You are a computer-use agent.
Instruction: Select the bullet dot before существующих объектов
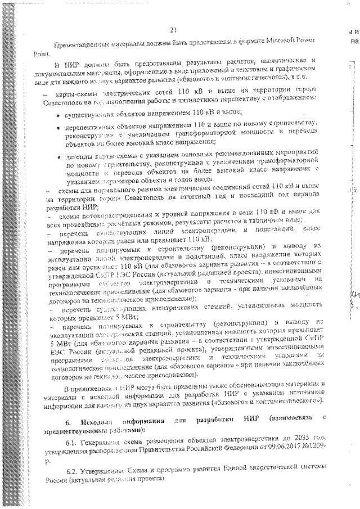(x=60, y=114)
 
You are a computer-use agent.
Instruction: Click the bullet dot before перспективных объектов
(x=60, y=127)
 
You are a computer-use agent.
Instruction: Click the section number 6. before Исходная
(x=68, y=422)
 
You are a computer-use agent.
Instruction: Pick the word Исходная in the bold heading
(x=95, y=422)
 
